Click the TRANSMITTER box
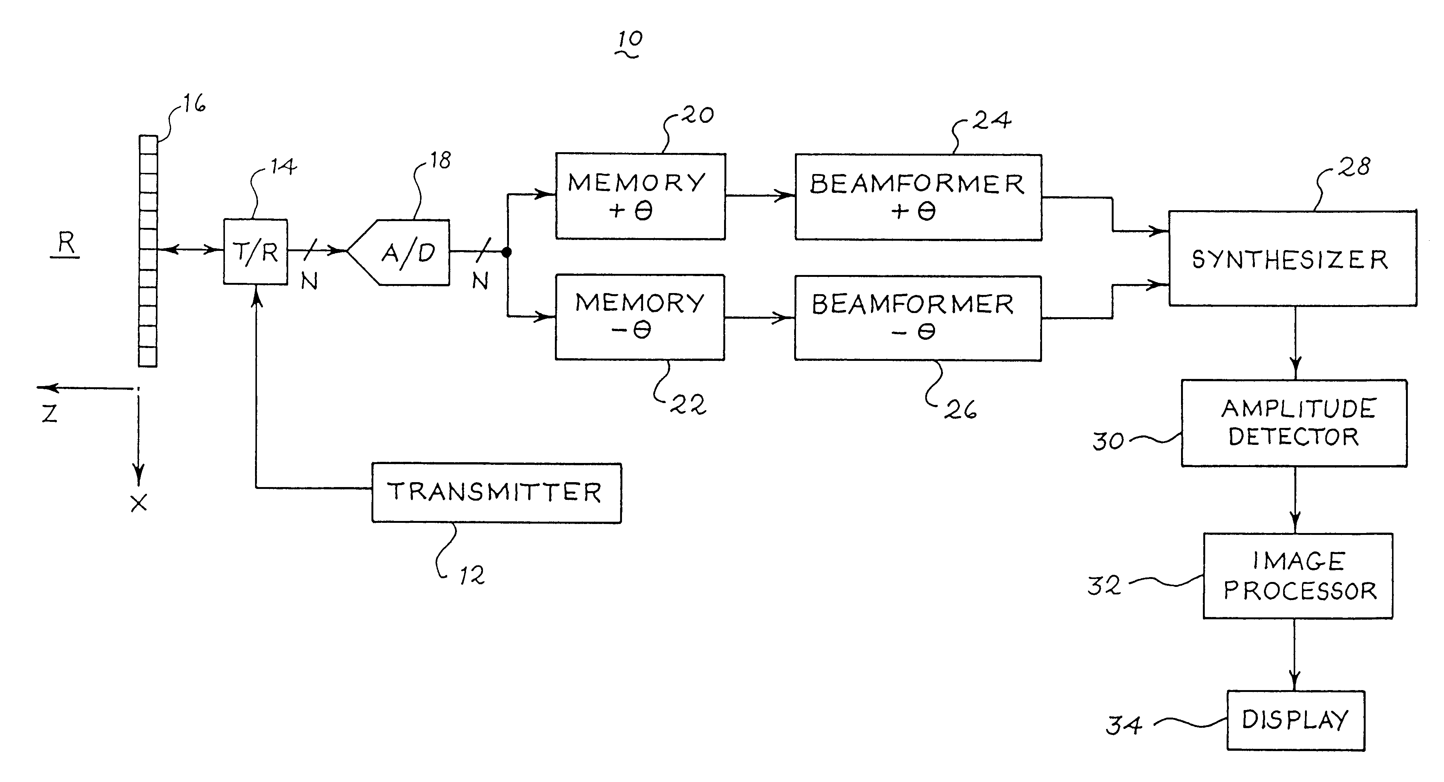coord(496,493)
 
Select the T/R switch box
coord(256,252)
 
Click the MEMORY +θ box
coord(640,196)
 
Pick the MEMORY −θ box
coord(640,317)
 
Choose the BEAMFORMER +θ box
coord(918,197)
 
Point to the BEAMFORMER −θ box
coord(918,318)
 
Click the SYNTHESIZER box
coord(1292,258)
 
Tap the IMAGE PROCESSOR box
coord(1298,576)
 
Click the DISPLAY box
coord(1296,720)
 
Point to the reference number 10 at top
coord(630,40)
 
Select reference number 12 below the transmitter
coord(471,576)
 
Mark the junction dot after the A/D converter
coord(507,252)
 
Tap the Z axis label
coord(50,414)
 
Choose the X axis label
coord(139,503)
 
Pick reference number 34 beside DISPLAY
coord(1123,725)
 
